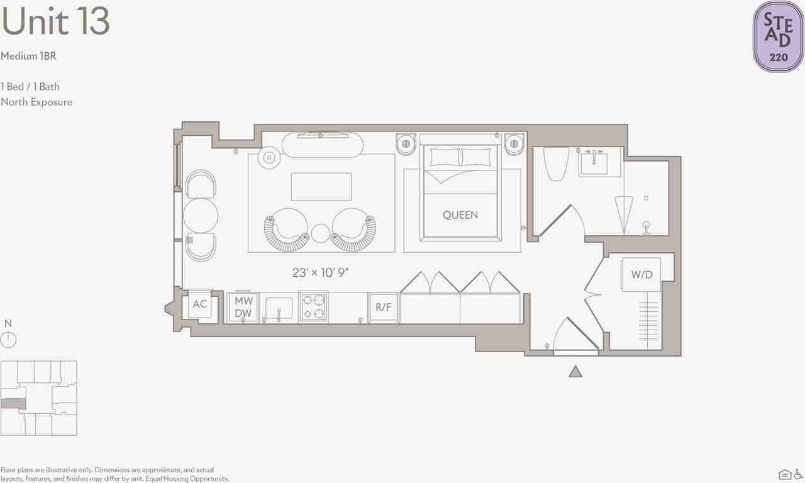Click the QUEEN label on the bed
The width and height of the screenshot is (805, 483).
click(x=460, y=215)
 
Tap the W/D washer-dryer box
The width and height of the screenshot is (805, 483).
click(x=641, y=275)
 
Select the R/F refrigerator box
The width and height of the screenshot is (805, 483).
click(x=383, y=308)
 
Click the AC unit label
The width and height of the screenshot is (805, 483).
click(x=200, y=304)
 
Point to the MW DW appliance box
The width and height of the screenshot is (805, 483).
click(x=243, y=308)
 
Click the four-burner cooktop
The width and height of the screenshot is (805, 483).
click(x=313, y=306)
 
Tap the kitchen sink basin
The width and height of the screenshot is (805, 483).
click(x=279, y=308)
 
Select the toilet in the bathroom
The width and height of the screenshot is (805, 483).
click(x=556, y=164)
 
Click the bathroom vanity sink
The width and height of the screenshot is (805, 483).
click(x=594, y=164)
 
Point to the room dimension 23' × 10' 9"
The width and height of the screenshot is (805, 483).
click(x=320, y=272)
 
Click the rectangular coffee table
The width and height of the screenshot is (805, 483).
click(x=321, y=187)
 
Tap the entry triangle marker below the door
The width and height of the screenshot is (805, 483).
click(x=575, y=372)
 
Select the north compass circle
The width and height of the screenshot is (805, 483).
click(x=8, y=340)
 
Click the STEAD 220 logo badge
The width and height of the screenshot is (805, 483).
click(x=779, y=36)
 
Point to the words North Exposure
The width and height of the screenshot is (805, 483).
click(x=36, y=103)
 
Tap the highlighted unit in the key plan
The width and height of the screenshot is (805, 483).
click(x=13, y=404)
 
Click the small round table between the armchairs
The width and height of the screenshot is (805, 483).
click(x=320, y=233)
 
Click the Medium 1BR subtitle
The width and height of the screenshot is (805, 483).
click(x=28, y=56)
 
